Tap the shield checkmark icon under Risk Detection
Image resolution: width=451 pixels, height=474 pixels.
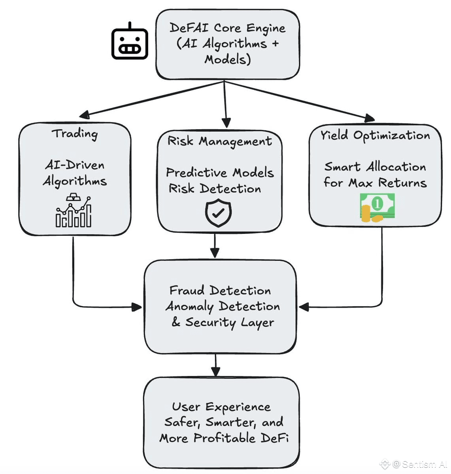click(218, 213)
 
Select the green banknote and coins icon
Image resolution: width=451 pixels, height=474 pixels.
click(377, 207)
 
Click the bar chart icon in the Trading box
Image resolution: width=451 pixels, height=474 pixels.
click(74, 210)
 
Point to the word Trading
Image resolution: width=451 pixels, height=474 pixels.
click(75, 134)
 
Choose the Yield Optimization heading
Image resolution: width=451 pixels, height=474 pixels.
click(375, 135)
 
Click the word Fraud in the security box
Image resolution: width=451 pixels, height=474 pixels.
click(187, 290)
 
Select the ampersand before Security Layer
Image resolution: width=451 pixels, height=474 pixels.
click(176, 322)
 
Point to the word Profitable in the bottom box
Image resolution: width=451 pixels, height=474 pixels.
click(225, 438)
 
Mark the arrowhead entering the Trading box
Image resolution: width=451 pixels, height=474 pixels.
click(85, 115)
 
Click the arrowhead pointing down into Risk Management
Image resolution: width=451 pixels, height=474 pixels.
click(226, 123)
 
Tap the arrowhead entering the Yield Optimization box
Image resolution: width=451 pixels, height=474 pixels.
click(369, 118)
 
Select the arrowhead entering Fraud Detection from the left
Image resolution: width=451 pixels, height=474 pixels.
click(137, 307)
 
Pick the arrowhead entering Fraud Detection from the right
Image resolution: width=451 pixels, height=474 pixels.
click(304, 307)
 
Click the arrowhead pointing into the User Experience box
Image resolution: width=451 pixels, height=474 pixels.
click(215, 372)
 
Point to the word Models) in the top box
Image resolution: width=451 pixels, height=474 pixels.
click(228, 60)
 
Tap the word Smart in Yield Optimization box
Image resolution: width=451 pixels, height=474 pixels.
click(342, 167)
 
